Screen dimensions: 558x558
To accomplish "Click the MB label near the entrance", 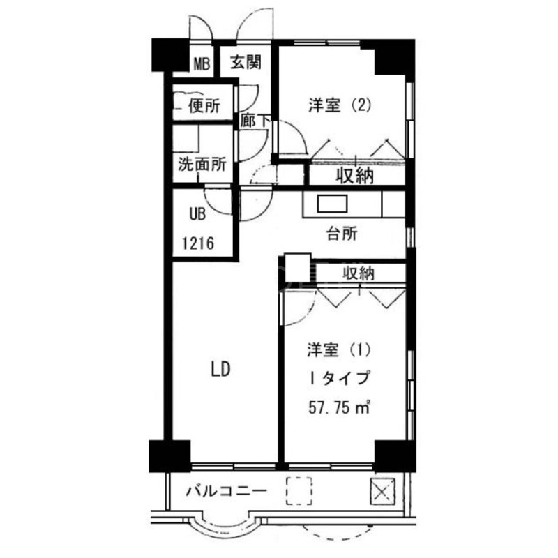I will tap(202, 65).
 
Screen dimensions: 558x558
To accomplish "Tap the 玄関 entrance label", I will tap(246, 63).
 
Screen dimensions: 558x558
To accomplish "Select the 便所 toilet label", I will tap(204, 106).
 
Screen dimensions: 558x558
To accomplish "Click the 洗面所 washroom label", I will tap(202, 166).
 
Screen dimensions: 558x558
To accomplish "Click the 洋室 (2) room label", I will tap(338, 105).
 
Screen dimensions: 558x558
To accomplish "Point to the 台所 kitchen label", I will tap(342, 234).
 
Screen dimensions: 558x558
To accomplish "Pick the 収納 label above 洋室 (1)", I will tap(358, 273).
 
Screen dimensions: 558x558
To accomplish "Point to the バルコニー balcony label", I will tap(226, 491).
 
